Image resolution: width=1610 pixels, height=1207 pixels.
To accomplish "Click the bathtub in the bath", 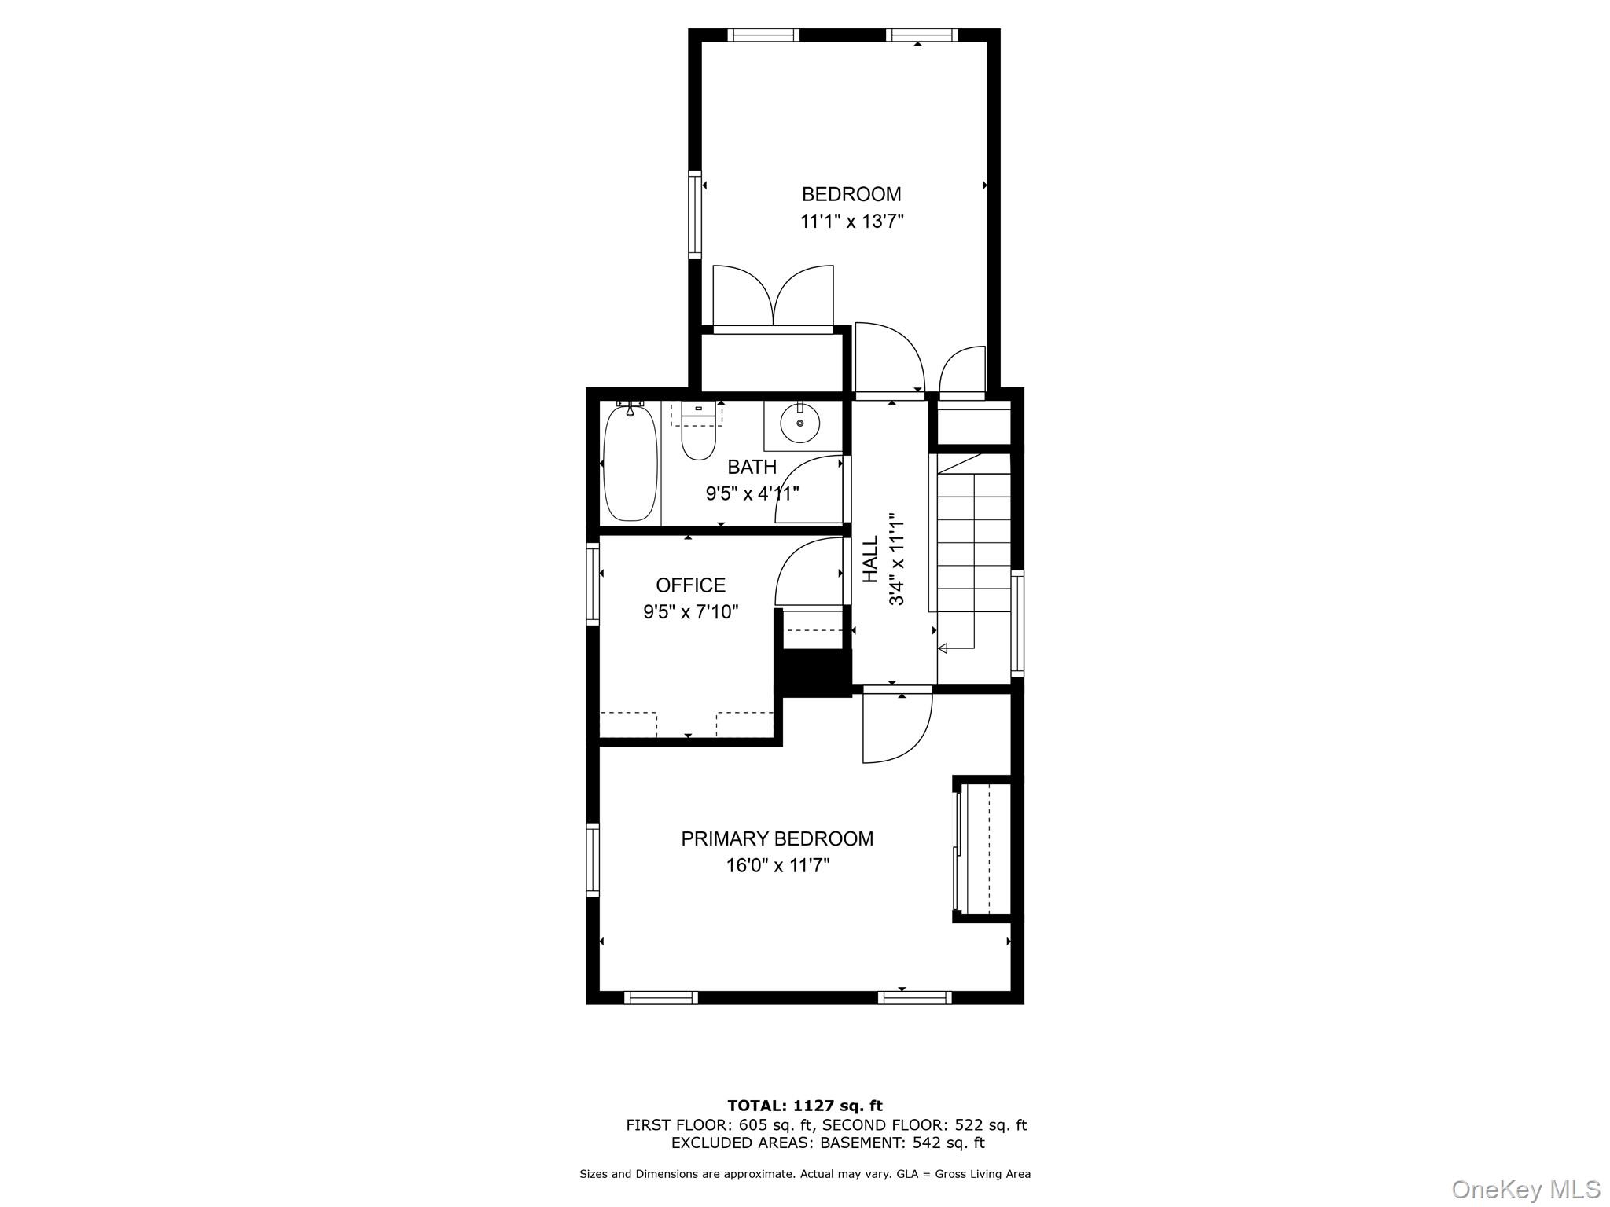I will pyautogui.click(x=630, y=464).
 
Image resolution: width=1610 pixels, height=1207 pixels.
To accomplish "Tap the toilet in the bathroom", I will pyautogui.click(x=698, y=438).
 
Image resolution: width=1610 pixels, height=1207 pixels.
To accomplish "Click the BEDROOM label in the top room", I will pyautogui.click(x=851, y=194).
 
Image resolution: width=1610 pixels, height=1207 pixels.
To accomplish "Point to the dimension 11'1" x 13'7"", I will pyautogui.click(x=851, y=222).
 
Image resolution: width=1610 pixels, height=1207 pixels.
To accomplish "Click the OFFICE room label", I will pyautogui.click(x=690, y=585).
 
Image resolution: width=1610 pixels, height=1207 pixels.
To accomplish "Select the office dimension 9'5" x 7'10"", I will pyautogui.click(x=690, y=612).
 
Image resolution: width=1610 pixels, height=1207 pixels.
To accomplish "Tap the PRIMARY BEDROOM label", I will pyautogui.click(x=777, y=839).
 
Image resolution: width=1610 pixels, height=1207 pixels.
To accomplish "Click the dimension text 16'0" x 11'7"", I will pyautogui.click(x=777, y=866).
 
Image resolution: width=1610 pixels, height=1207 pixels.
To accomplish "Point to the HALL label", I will pyautogui.click(x=871, y=559).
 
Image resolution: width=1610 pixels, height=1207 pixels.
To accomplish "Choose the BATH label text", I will pyautogui.click(x=752, y=468).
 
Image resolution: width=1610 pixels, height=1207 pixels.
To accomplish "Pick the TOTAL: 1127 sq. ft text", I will pyautogui.click(x=804, y=1106).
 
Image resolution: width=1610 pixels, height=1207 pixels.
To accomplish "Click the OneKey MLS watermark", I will pyautogui.click(x=1525, y=1190).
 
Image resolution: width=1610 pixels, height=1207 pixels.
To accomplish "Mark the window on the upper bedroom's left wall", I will pyautogui.click(x=695, y=214).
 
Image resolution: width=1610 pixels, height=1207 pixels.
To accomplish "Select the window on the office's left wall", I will pyautogui.click(x=593, y=584).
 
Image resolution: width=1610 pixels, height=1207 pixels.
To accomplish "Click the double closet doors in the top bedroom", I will pyautogui.click(x=773, y=297).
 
